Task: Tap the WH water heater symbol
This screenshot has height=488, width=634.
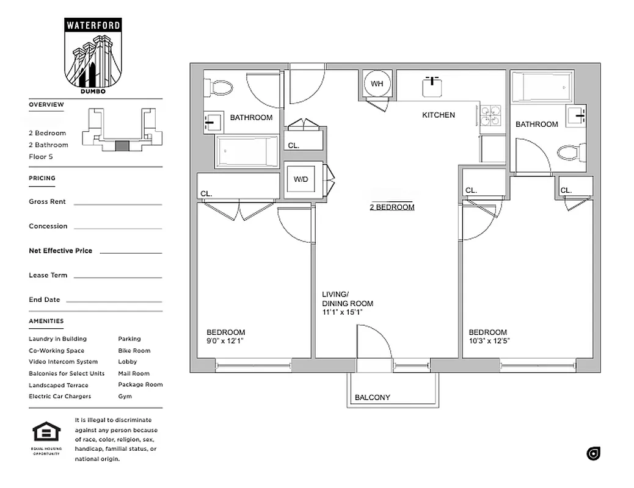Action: click(x=377, y=84)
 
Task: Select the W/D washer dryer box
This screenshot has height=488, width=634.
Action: click(x=301, y=180)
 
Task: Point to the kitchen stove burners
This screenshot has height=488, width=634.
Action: click(x=490, y=115)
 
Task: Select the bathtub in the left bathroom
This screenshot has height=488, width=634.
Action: click(x=246, y=151)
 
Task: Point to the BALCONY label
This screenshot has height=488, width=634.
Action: click(x=372, y=398)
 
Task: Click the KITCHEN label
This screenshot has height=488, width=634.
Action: click(x=439, y=115)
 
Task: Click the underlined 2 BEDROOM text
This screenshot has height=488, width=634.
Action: click(x=392, y=207)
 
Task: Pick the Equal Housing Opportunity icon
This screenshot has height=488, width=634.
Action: click(x=43, y=434)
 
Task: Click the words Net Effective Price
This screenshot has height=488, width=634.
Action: click(x=60, y=251)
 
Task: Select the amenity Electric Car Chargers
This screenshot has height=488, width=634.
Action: click(x=60, y=396)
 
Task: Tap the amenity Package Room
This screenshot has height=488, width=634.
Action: click(x=140, y=384)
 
